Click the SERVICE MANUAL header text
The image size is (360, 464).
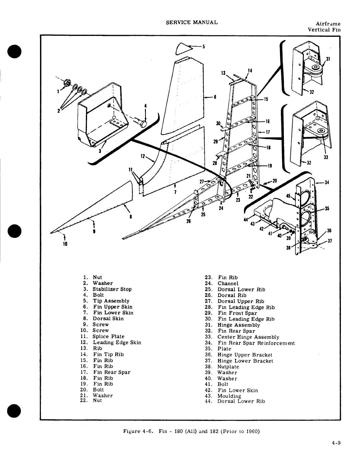pos(191,22)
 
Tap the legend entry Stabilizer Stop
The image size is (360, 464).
pos(112,289)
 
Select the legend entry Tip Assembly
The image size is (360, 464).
pos(111,301)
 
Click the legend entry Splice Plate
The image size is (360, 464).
pos(108,336)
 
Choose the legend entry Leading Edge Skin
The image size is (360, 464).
pos(117,342)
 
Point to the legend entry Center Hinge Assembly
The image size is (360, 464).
pos(248,337)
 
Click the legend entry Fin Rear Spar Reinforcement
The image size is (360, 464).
pos(256,343)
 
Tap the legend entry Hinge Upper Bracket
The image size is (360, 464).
pos(245,355)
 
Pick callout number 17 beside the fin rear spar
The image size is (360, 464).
pos(267,132)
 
